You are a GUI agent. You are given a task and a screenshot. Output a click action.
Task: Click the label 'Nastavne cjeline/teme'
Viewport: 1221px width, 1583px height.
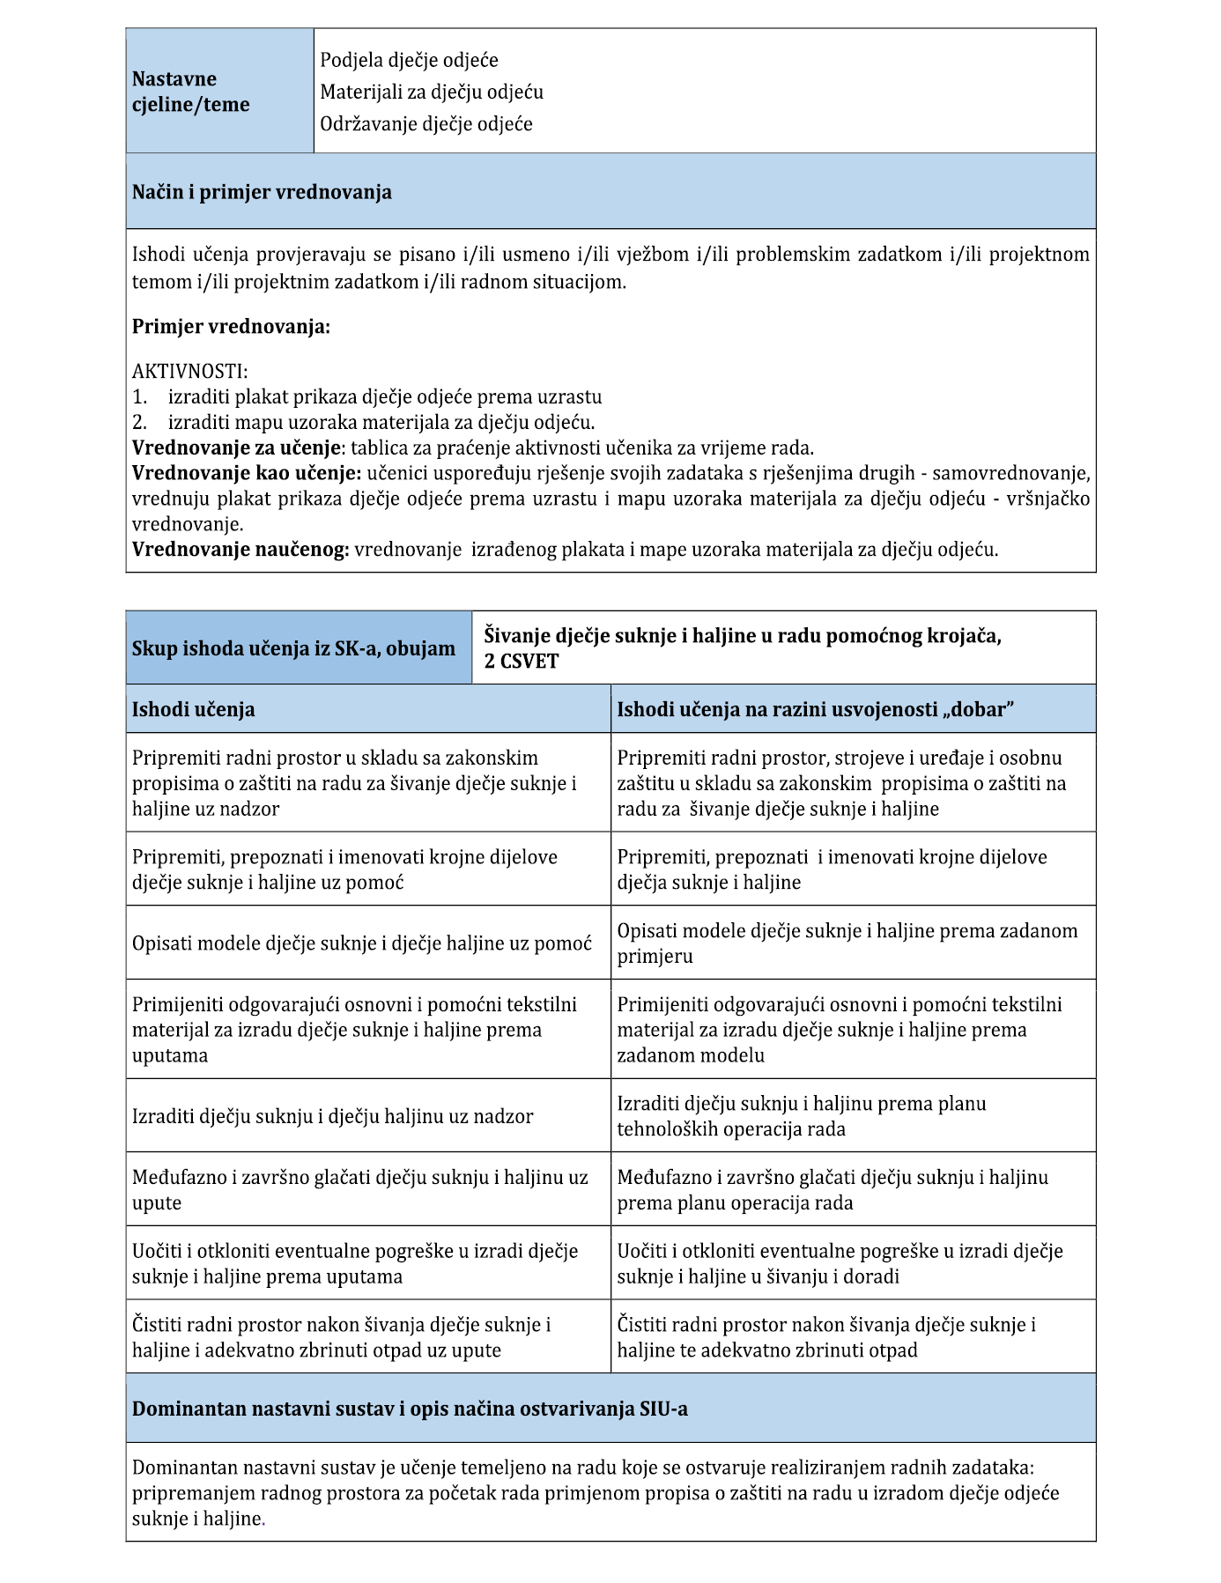(x=190, y=92)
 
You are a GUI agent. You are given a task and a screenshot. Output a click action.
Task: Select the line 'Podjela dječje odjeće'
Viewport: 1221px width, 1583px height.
(x=409, y=60)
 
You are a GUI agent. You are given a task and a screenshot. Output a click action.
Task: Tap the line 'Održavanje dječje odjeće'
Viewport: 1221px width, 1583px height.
(x=426, y=123)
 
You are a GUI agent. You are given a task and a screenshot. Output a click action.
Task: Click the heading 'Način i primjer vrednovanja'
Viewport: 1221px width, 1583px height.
(x=262, y=192)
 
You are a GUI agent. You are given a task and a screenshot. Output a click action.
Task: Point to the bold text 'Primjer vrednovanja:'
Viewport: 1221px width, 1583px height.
(x=231, y=327)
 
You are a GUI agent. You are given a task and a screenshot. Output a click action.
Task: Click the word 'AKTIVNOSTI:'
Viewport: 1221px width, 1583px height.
(x=190, y=372)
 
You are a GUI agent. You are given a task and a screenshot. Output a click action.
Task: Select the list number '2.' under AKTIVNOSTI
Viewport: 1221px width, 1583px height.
(x=139, y=422)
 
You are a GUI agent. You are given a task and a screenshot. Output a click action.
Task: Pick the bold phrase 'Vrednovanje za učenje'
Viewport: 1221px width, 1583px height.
(x=235, y=448)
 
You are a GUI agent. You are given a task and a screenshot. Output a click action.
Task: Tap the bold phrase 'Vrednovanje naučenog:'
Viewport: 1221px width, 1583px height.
(x=240, y=550)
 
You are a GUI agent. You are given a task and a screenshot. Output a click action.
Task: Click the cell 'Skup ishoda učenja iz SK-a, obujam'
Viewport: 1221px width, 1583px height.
(x=293, y=648)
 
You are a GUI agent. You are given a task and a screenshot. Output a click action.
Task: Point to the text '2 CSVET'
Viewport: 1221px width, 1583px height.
(x=522, y=662)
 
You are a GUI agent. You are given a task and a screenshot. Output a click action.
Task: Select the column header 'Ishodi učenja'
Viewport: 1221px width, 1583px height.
(x=193, y=709)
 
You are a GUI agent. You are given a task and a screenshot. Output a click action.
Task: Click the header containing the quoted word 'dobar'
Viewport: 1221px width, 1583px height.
(x=815, y=709)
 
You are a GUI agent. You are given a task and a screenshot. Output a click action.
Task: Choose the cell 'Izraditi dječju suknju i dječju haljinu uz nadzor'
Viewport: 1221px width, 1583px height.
(x=332, y=1116)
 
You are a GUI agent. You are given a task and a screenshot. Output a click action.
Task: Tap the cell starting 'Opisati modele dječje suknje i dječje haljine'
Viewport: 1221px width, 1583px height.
(x=361, y=943)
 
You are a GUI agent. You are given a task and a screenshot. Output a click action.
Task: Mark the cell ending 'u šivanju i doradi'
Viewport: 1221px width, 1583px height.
(x=840, y=1263)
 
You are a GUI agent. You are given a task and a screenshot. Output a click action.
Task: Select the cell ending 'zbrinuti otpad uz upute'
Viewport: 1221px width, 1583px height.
(x=342, y=1337)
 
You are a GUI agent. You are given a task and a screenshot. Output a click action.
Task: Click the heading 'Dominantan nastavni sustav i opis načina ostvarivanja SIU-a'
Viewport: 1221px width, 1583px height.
(x=410, y=1409)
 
